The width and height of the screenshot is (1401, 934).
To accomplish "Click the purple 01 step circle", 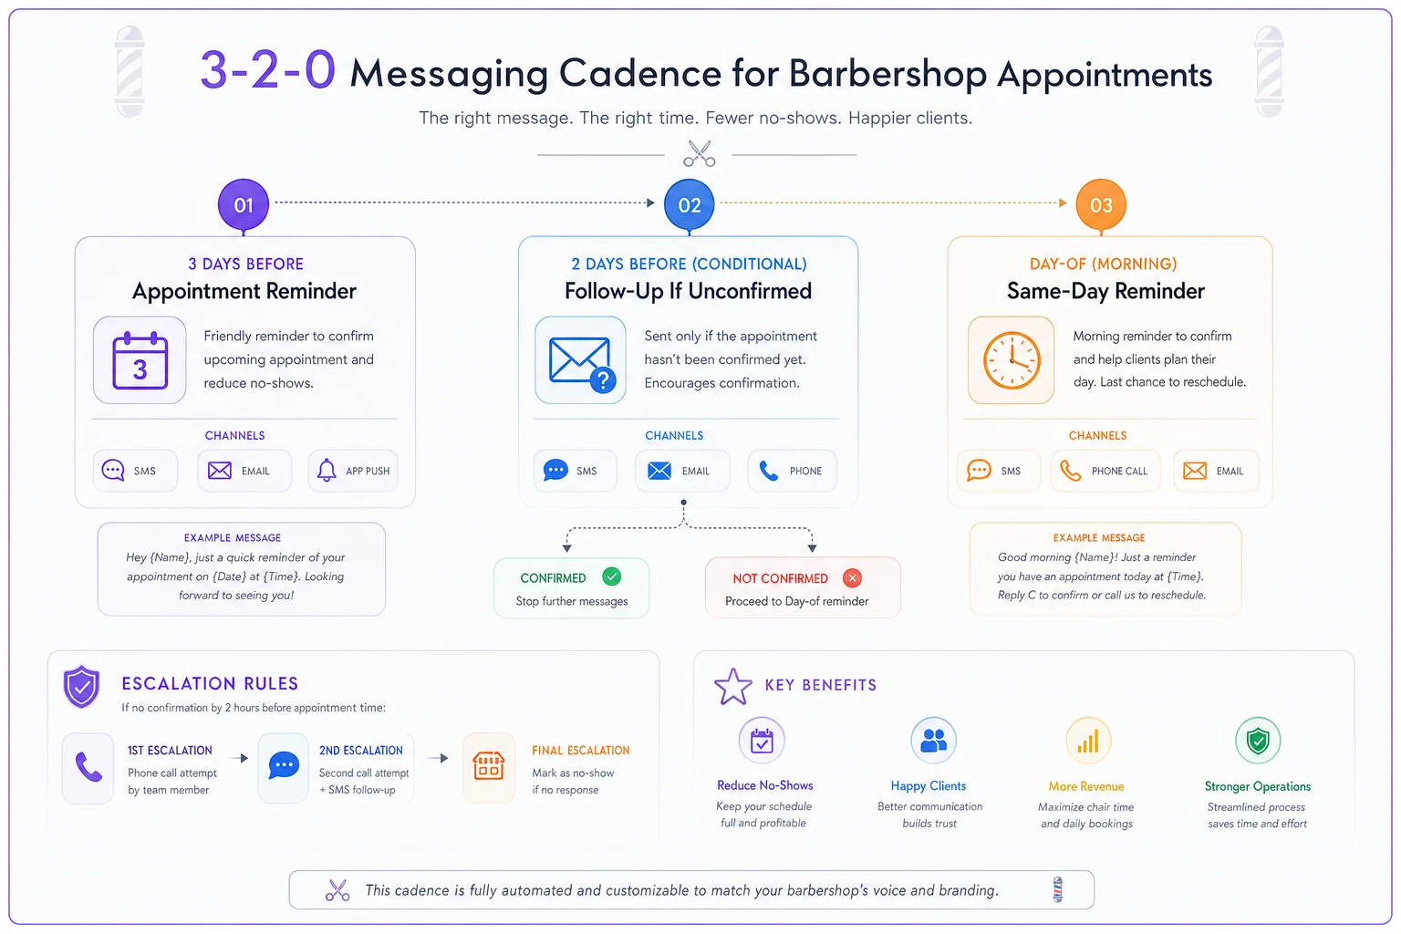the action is tap(244, 204).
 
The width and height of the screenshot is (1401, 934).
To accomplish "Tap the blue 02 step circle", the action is tap(690, 204).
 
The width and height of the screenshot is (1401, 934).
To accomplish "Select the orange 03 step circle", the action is tap(1101, 204).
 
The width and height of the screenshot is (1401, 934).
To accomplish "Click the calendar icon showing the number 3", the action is tap(140, 360).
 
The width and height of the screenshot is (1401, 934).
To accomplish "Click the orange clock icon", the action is tap(1012, 360).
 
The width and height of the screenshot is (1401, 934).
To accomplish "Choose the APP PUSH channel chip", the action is tap(353, 471).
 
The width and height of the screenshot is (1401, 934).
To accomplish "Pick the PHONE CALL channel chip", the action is tap(1105, 471).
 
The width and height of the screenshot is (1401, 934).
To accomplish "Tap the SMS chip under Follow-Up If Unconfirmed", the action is tap(575, 471).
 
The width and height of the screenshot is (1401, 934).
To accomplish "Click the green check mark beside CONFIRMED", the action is tap(612, 576).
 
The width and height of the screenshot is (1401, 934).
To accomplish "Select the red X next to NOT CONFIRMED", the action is tap(852, 577).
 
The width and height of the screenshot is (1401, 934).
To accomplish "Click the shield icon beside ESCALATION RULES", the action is tap(81, 686).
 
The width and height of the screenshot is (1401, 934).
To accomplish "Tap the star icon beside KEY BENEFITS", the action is tap(733, 687).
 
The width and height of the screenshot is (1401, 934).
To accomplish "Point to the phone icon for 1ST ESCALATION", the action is tap(88, 767).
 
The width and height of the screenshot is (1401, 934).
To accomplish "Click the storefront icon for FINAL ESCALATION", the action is tap(489, 766).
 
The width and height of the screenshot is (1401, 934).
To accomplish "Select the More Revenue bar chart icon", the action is tap(1088, 741).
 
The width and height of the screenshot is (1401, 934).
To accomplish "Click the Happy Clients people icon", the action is tap(933, 741).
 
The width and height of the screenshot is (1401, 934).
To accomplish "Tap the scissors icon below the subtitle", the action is tap(700, 153).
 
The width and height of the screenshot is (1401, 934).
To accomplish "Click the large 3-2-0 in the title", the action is tap(267, 70).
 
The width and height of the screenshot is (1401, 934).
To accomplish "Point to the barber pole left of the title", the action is tap(130, 71).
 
